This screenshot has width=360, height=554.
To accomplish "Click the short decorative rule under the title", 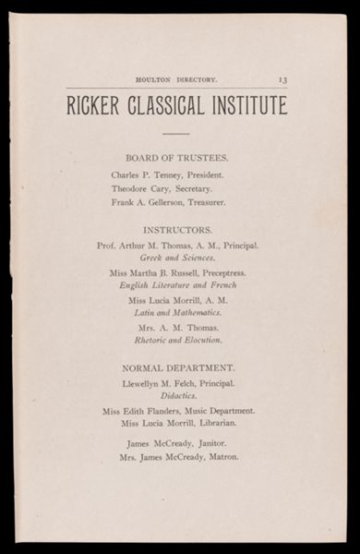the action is (176, 134).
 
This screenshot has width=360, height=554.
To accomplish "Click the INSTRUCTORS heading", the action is (177, 228).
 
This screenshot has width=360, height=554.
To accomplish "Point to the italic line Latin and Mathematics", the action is (177, 314).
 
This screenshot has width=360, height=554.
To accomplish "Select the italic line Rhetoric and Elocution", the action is (177, 340).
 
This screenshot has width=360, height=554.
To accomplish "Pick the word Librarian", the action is (215, 423).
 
